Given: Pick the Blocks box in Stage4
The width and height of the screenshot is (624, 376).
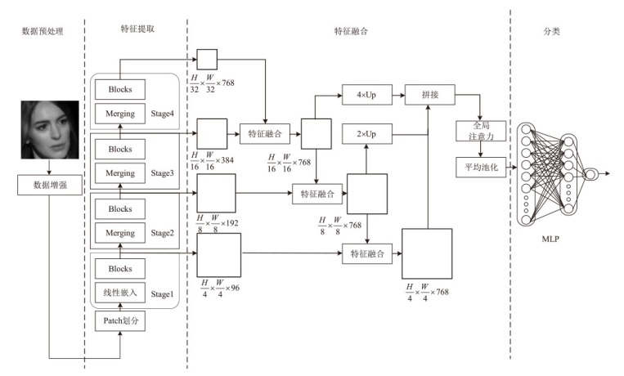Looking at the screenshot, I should tap(120, 87).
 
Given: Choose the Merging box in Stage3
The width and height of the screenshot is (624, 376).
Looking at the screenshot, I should tap(120, 173).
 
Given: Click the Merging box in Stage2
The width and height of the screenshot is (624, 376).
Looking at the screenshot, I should tap(120, 234).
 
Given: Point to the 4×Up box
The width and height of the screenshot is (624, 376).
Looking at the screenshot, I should tap(365, 96).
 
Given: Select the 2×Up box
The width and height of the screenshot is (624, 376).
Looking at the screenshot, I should tap(365, 132).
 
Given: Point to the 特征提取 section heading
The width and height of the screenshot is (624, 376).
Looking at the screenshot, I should tap(137, 29).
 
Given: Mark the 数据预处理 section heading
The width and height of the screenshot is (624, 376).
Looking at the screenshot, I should tap(42, 31).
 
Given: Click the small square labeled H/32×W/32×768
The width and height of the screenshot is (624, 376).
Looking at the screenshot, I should tap(206, 59).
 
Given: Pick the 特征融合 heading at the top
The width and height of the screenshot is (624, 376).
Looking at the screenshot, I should tap(351, 31).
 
